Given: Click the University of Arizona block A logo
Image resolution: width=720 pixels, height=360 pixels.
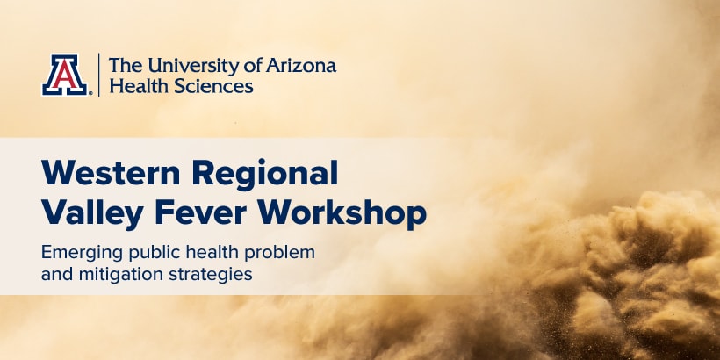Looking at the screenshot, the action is tap(64, 75).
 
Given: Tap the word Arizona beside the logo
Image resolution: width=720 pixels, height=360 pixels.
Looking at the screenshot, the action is tap(301, 66).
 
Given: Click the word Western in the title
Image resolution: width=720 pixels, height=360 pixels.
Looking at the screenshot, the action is tap(111, 172).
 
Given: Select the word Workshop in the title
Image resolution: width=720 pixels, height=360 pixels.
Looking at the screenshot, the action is tap(342, 214).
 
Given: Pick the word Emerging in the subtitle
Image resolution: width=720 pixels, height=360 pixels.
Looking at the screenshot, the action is tap(83, 254).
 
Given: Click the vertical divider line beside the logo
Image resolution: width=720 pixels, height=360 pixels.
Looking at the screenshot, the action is tap(98, 75).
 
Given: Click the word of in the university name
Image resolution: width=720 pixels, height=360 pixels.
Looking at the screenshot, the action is tap(252, 66).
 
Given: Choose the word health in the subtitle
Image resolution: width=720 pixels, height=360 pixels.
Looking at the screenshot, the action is tap(212, 253).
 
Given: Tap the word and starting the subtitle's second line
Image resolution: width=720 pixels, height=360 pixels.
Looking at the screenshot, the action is tap(57, 275).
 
